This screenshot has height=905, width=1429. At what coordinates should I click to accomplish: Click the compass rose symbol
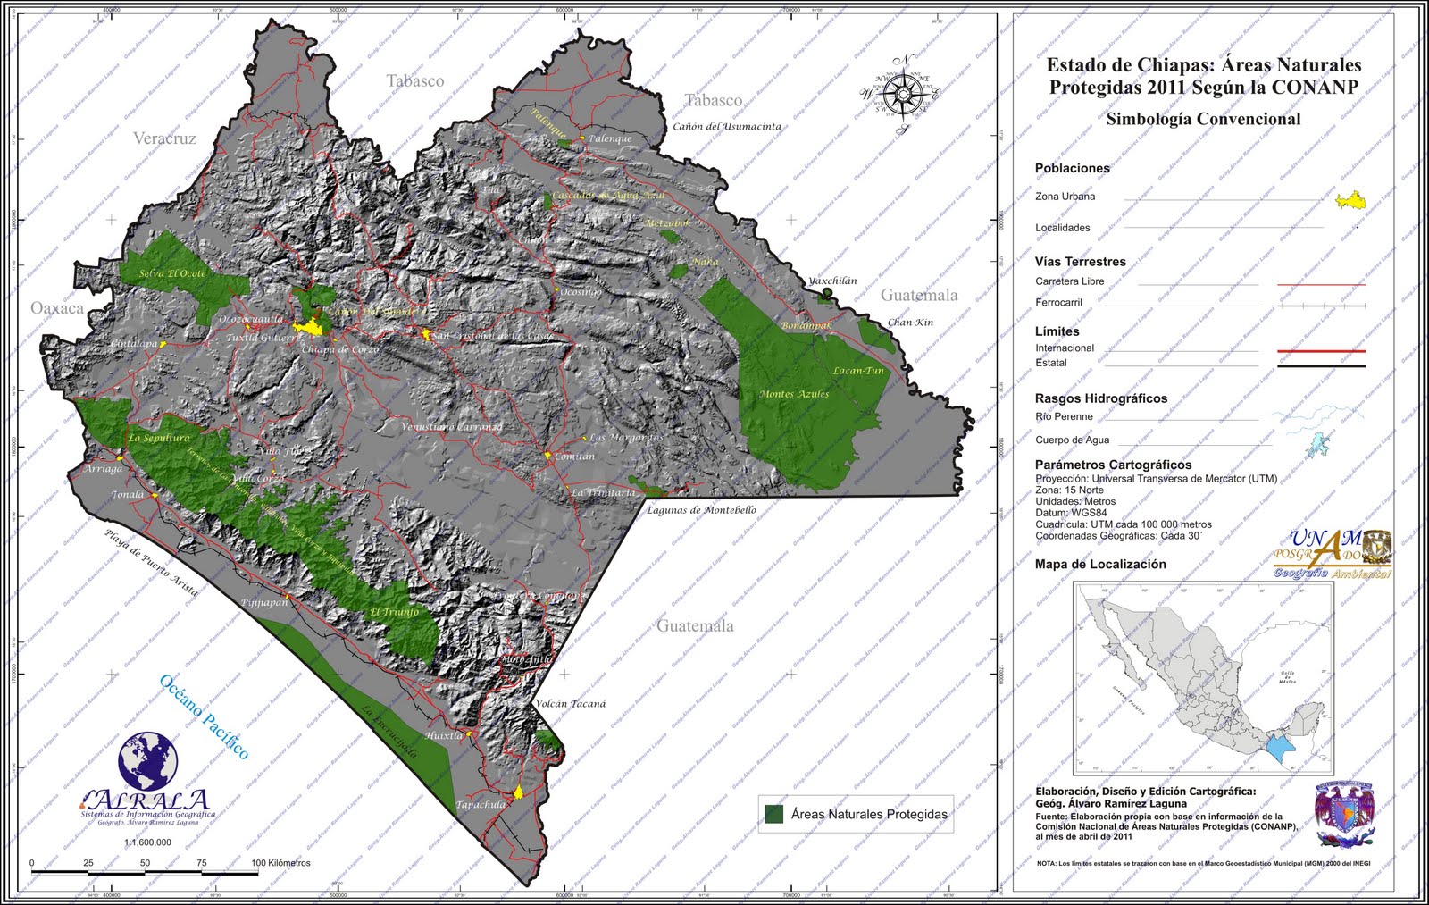904,93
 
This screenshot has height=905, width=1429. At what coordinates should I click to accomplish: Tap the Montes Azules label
794,394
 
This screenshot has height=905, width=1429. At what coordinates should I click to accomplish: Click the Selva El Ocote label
172,273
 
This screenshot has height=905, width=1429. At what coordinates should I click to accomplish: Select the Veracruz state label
164,138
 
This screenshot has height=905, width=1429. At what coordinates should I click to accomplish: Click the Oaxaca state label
57,308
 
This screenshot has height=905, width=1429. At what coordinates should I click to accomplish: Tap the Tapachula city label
481,805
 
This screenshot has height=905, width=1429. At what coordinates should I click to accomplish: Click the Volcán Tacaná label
571,704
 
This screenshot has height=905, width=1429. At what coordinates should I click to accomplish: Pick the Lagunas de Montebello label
701,510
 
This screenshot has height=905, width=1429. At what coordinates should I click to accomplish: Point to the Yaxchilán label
832,281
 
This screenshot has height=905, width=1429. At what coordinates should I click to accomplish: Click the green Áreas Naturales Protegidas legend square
774,814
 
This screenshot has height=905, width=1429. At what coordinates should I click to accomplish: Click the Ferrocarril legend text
1058,303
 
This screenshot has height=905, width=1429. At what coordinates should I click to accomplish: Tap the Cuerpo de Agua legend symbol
1316,442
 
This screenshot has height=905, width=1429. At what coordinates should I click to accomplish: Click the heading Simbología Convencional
1203,119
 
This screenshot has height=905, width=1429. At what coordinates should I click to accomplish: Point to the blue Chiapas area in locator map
1283,747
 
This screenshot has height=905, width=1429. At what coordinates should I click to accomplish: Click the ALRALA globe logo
148,761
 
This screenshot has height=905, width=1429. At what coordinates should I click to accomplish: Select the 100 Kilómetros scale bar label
280,863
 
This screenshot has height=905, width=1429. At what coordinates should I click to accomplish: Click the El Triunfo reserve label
394,612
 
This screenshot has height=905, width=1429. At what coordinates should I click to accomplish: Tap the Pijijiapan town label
265,602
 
